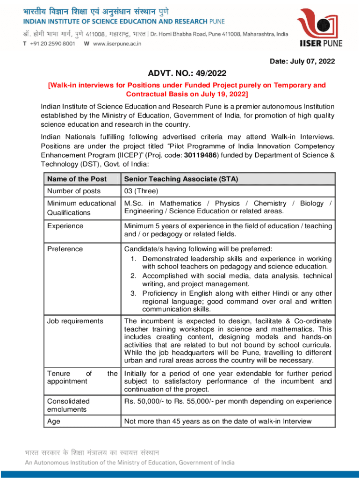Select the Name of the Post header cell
point(77,179)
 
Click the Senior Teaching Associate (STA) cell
point(180,179)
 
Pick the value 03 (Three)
point(141,191)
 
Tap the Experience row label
point(65,226)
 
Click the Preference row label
point(65,249)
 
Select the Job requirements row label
point(75,321)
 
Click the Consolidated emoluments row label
point(69,405)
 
